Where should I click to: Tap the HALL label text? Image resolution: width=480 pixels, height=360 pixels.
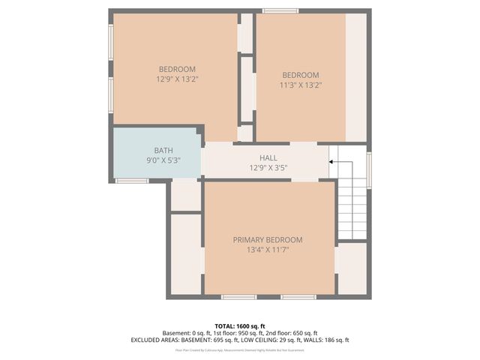tap(268, 157)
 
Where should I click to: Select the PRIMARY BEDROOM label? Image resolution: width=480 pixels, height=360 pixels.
tap(268, 240)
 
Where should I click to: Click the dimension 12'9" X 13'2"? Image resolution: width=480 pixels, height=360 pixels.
tap(177, 79)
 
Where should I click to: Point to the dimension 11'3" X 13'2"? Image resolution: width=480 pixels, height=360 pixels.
tap(300, 85)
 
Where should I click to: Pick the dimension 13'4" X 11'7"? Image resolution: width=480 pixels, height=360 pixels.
tap(268, 250)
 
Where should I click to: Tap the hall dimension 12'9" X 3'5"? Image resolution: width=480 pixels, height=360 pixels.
tap(268, 167)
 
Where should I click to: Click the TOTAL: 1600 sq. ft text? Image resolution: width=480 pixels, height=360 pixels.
tap(240, 325)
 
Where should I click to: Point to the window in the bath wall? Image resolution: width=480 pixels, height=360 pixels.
tap(131, 180)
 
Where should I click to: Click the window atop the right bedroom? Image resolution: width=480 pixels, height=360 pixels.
tap(280, 10)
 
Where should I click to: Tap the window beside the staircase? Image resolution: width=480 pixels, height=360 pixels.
tap(369, 169)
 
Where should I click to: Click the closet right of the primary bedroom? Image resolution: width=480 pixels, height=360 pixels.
tap(351, 268)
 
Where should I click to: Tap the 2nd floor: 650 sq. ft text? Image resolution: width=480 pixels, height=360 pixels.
tap(292, 333)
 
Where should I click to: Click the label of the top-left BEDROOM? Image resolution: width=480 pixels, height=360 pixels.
tap(177, 69)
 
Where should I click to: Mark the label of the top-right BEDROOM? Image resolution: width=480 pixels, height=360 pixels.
tap(300, 75)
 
